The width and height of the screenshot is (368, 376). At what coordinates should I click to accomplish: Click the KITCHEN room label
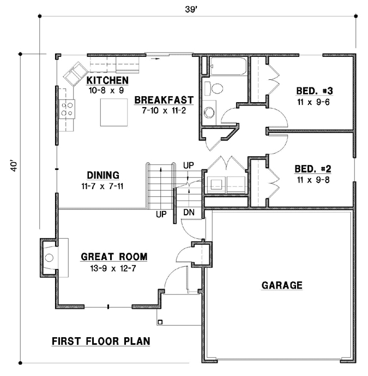107,81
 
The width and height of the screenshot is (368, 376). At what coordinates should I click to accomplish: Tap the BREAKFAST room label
164,99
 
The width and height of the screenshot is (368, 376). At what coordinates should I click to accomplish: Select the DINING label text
103,175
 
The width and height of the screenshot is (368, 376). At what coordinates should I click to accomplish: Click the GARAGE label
281,285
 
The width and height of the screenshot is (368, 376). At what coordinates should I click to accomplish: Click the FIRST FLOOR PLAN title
101,342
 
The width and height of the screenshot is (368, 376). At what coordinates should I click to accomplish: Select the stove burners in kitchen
68,109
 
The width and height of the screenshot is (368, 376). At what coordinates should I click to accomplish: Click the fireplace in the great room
50,257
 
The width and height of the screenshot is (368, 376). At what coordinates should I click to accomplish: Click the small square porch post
160,322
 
